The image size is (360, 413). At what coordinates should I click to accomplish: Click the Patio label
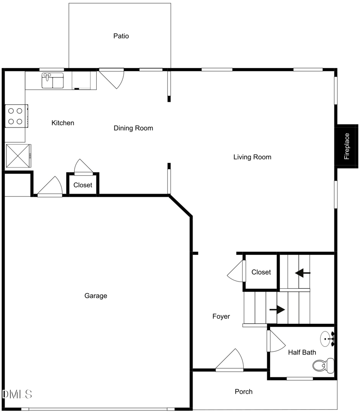[121, 36]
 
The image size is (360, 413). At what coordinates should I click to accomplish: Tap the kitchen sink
[53, 81]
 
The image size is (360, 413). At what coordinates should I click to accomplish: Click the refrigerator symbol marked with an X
[18, 156]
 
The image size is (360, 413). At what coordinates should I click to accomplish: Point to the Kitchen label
[63, 123]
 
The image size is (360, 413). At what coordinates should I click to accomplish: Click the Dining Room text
[133, 128]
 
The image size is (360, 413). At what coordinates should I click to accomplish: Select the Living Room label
[252, 157]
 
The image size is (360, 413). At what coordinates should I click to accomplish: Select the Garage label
[96, 296]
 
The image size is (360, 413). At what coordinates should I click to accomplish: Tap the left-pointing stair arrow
[302, 272]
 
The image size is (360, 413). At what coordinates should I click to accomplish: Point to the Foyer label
[221, 317]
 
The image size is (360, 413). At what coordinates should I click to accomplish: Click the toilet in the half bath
[326, 365]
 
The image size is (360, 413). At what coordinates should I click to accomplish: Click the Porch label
[243, 392]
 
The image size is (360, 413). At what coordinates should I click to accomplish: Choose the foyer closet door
[236, 272]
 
